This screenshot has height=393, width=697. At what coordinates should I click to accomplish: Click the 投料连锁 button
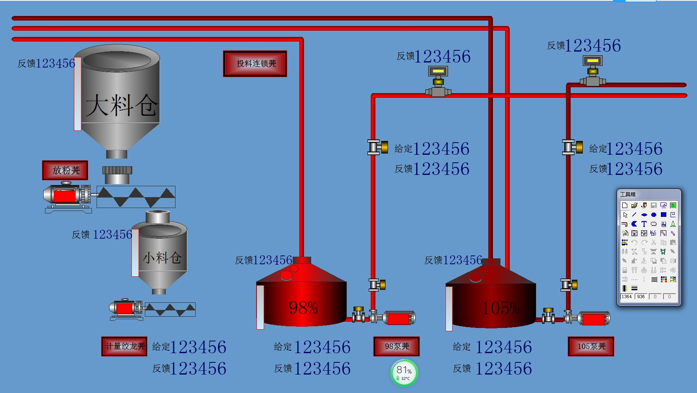[x=255, y=64]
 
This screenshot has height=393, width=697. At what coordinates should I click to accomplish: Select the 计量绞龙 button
[x=124, y=346]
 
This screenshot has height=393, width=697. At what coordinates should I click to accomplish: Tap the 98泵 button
[x=396, y=346]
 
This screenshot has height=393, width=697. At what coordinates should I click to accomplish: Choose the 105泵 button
[x=591, y=346]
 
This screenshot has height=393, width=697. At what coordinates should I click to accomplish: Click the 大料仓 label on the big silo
[x=122, y=105]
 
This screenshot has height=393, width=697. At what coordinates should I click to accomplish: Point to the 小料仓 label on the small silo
[x=162, y=257]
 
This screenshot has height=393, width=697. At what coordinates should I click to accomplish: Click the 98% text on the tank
[x=303, y=308]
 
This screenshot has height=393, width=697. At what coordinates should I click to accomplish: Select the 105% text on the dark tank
[x=500, y=308]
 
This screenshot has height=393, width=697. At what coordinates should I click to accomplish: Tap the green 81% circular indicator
[x=404, y=372]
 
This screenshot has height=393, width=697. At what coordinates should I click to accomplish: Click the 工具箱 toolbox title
[x=628, y=194]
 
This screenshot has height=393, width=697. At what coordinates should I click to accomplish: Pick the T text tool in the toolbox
[x=644, y=224]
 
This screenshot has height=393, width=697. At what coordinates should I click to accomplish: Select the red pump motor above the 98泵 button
[x=398, y=318]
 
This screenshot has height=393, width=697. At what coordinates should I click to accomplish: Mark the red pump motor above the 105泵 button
[x=593, y=319]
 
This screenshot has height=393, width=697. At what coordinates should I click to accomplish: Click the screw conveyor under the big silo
[x=136, y=197]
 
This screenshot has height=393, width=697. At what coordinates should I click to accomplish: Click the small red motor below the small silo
[x=125, y=309]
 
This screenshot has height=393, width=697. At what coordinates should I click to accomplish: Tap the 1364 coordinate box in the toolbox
[x=626, y=297]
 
